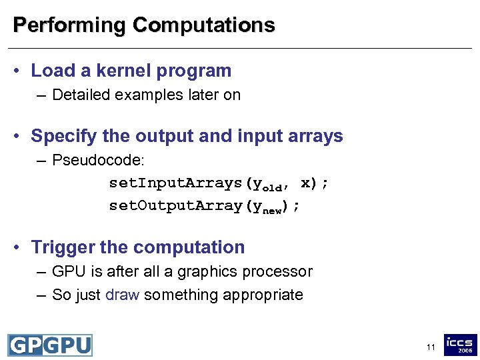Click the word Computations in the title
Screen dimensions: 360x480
click(x=203, y=25)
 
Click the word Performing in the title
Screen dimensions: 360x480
click(x=69, y=25)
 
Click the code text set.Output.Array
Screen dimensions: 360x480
click(x=177, y=206)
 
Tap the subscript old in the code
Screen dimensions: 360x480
click(x=273, y=187)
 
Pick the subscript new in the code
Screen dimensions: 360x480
click(x=273, y=210)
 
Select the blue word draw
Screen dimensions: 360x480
click(x=122, y=295)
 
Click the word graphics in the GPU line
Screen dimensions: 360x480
click(x=212, y=272)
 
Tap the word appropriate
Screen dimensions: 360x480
click(x=265, y=295)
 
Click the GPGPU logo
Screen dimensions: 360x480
click(x=50, y=345)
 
